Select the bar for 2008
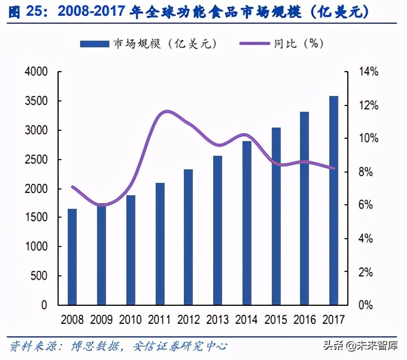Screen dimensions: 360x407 pos(73,257)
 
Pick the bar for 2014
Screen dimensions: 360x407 pos(247,223)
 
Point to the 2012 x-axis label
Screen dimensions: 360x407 pos(189,320)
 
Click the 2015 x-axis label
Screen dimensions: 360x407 pos(276,320)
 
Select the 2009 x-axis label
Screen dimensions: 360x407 pos(102,320)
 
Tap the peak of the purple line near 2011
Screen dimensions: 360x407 pos(165,111)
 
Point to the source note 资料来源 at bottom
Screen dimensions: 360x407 pos(34,345)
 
